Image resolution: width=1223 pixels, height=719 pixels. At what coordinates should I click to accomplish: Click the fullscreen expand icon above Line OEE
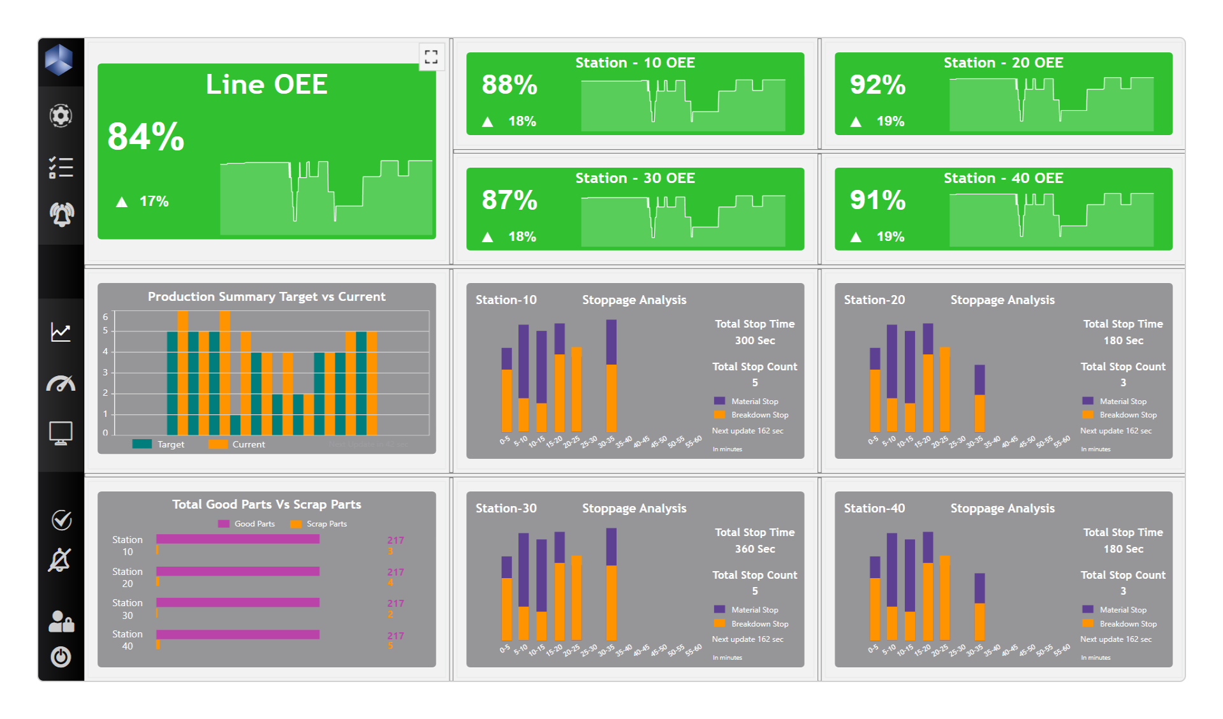(x=431, y=57)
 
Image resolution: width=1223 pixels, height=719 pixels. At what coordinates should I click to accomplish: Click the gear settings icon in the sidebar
(x=61, y=115)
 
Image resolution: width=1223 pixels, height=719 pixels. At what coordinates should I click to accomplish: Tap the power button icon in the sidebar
(x=61, y=656)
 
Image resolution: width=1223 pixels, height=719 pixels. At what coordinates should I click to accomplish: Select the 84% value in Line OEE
(x=146, y=136)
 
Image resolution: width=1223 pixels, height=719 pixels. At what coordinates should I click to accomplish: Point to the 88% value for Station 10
(x=509, y=85)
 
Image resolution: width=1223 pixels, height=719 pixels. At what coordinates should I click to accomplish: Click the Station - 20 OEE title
(x=1003, y=62)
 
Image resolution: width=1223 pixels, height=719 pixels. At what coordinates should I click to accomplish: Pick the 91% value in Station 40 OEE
(x=877, y=200)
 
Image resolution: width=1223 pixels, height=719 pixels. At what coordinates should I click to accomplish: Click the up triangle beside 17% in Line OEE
(x=122, y=202)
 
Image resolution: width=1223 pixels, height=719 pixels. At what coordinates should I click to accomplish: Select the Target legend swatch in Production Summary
(x=142, y=444)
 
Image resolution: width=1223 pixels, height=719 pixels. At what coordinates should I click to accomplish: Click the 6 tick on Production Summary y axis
(x=106, y=317)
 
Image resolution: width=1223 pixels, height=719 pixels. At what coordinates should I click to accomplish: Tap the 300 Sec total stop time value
(x=754, y=340)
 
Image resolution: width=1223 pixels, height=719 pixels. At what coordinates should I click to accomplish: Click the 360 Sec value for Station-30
(x=754, y=549)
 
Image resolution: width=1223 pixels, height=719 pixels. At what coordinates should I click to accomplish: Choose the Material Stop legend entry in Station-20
(x=1122, y=402)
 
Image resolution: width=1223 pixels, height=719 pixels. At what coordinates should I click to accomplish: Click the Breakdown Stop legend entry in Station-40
(x=1127, y=624)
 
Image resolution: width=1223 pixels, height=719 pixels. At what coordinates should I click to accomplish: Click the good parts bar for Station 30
(x=238, y=602)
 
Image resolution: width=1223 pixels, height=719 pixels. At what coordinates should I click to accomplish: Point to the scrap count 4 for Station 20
(x=390, y=583)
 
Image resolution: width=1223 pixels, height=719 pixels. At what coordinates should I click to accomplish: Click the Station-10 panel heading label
(x=506, y=300)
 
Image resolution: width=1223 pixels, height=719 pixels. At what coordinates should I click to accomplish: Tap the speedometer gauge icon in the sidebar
(x=61, y=383)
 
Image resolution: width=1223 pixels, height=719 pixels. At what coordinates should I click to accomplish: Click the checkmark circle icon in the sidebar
(x=61, y=520)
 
